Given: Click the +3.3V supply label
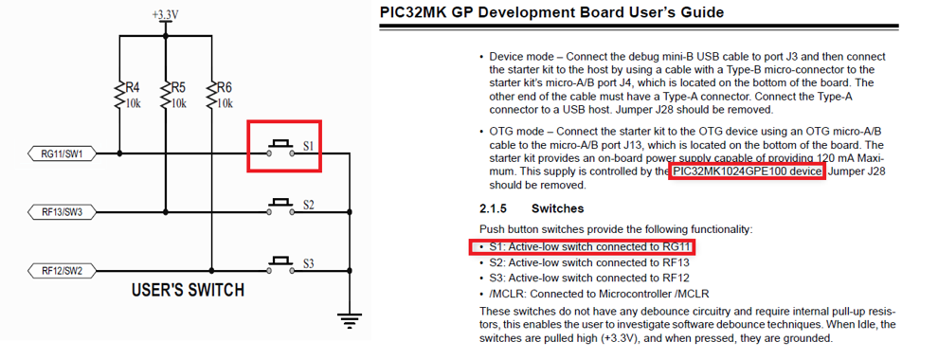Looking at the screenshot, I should (x=165, y=16).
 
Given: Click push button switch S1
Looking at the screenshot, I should (x=280, y=147).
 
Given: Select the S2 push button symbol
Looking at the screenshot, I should (x=280, y=203).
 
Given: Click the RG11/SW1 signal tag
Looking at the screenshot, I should (x=63, y=153).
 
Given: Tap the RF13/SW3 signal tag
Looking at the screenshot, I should (x=63, y=211).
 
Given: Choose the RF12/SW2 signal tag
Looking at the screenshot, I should (x=63, y=270).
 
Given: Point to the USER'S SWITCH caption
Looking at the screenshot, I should (x=188, y=290).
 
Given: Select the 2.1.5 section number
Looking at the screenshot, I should (x=496, y=208).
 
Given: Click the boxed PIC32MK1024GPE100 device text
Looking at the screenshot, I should (x=746, y=171).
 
